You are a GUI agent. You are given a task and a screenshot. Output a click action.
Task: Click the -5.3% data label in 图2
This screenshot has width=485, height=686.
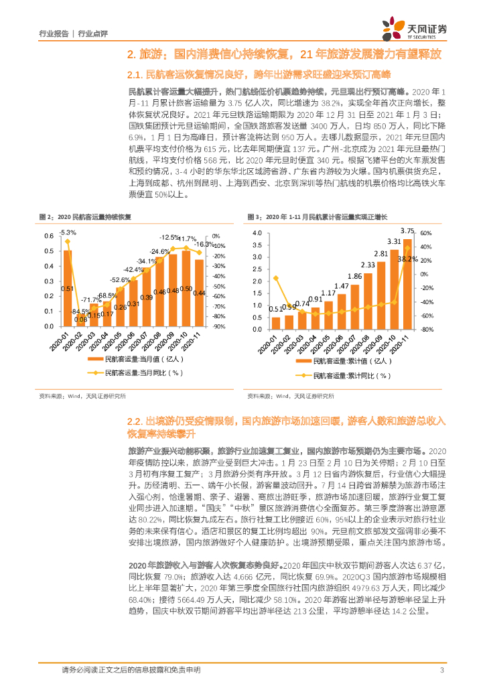tap(67, 232)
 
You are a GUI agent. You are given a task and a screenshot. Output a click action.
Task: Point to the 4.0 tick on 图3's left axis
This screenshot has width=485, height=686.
tap(255, 232)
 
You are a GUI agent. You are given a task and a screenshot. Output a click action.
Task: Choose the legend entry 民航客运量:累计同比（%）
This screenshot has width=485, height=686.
tap(342, 376)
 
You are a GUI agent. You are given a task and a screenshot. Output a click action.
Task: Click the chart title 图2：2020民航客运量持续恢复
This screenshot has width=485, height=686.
tap(80, 217)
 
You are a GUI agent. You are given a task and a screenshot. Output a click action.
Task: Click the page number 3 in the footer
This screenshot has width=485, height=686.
tap(441, 671)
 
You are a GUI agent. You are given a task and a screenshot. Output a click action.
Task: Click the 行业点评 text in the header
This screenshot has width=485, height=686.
tap(93, 32)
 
